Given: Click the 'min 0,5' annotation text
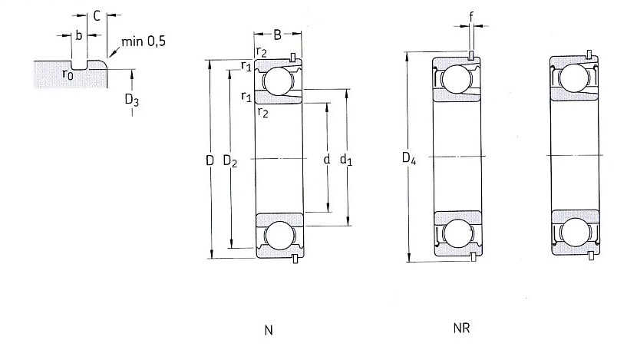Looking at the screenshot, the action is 144,41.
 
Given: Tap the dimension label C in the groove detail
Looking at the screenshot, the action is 97,16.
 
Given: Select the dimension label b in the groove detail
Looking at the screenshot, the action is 79,35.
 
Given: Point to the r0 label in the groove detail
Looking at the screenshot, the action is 68,74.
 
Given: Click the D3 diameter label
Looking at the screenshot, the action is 132,100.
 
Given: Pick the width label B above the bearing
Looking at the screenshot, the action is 277,35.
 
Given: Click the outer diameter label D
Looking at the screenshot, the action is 210,160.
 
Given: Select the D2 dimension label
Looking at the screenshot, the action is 230,160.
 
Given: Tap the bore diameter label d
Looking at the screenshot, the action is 327,159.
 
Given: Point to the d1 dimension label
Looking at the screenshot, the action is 346,160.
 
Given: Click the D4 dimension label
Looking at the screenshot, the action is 409,158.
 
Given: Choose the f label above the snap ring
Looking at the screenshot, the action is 471,16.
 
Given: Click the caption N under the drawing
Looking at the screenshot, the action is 269,330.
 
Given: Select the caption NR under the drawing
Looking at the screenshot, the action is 461,328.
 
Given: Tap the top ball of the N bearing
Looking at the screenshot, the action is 278,81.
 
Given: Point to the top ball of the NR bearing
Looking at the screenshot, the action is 456,78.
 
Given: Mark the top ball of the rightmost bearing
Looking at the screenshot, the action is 574,78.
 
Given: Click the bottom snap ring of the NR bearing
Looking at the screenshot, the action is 474,257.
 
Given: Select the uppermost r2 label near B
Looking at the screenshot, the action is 262,51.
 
